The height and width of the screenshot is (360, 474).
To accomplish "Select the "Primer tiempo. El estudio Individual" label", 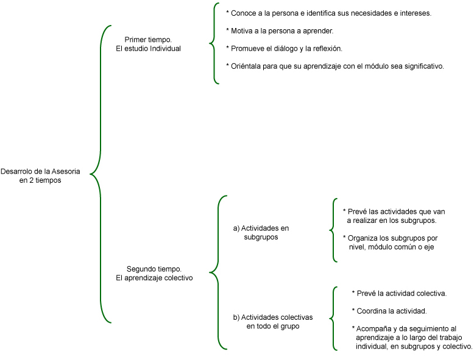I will [x=148, y=44].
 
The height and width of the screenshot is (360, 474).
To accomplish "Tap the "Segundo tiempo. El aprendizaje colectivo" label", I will [x=154, y=273].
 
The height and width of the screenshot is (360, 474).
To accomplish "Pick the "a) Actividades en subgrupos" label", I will [x=261, y=232].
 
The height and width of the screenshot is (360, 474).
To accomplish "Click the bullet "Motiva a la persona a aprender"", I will [x=279, y=30].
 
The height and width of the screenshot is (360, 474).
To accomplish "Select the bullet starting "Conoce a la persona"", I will [x=328, y=13].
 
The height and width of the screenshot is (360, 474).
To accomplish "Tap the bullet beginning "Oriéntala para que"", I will [x=334, y=66].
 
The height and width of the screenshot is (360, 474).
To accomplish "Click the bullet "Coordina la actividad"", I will [x=389, y=311].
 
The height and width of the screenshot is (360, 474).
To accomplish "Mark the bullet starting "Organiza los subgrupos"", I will [x=391, y=242].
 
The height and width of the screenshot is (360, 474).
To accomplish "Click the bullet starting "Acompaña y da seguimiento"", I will [x=412, y=337].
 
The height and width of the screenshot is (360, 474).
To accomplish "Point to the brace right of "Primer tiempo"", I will [x=214, y=43].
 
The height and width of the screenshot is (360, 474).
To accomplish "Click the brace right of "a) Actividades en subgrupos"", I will [x=333, y=230].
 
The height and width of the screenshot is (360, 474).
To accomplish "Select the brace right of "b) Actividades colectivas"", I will [x=333, y=319].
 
